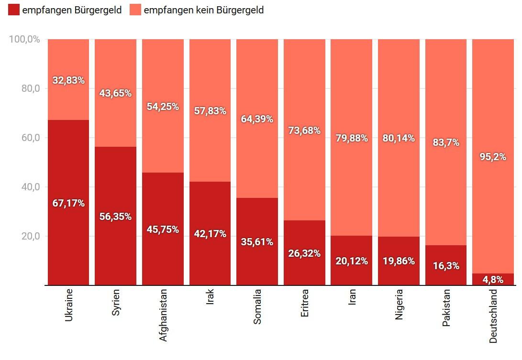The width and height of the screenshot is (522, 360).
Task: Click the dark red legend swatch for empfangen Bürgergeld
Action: pyautogui.click(x=14, y=10)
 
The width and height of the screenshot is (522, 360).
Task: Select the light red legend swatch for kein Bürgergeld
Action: pyautogui.click(x=135, y=10)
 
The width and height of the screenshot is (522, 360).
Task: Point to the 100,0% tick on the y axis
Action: pyautogui.click(x=24, y=39)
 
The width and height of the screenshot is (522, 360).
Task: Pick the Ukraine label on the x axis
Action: pyautogui.click(x=68, y=305)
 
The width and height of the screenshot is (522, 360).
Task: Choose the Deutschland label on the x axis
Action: pyautogui.click(x=493, y=316)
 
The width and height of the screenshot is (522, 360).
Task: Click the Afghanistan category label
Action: pyautogui.click(x=163, y=314)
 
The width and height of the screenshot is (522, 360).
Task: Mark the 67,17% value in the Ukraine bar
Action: pyautogui.click(x=68, y=203)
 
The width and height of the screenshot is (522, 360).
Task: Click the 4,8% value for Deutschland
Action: pyautogui.click(x=493, y=280)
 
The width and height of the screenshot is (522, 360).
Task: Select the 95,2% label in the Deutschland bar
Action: pyautogui.click(x=493, y=156)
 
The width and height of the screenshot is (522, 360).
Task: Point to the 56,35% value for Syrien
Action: pyautogui.click(x=115, y=217)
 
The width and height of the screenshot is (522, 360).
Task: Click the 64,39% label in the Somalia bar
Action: pyautogui.click(x=257, y=119)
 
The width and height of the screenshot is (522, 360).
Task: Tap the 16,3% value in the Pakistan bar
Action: pyautogui.click(x=446, y=266)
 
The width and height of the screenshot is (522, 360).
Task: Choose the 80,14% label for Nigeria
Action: pyautogui.click(x=399, y=138)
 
